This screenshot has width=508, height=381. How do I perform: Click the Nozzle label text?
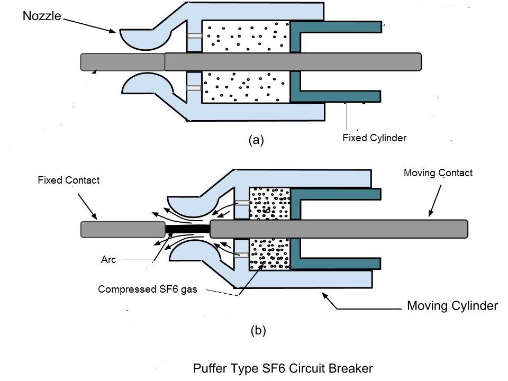tap(42, 16)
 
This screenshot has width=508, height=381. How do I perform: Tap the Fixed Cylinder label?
tap(374, 139)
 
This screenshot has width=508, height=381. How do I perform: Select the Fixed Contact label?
tap(69, 180)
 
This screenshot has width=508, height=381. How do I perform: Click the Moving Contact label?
tap(438, 173)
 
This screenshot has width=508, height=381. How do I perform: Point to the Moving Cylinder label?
tap(452, 306)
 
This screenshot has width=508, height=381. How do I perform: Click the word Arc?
tap(108, 260)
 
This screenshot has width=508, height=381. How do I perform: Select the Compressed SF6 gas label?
tap(148, 289)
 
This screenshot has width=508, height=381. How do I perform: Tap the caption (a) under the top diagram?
tap(256, 140)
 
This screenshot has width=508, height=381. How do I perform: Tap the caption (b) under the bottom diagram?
tap(258, 331)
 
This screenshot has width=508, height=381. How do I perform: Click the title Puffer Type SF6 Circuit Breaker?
tap(283, 368)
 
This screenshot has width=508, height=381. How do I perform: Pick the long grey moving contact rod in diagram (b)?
tap(339, 229)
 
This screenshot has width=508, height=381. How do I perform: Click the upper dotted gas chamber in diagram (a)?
tap(246, 37)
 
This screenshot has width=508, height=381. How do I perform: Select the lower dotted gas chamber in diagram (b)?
tap(269, 253)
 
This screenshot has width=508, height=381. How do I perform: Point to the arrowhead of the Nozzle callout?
tap(114, 32)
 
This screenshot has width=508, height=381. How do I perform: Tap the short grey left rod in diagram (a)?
tap(122, 62)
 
